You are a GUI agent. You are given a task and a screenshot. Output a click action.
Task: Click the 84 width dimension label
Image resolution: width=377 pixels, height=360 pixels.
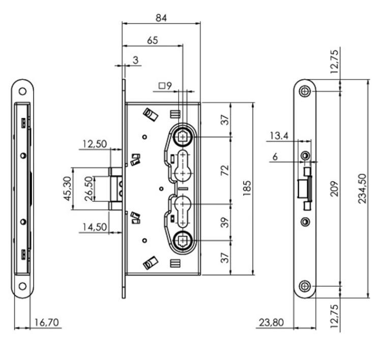coord(161,18)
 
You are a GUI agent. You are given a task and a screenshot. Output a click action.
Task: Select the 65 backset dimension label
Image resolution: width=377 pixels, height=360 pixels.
coord(153,40)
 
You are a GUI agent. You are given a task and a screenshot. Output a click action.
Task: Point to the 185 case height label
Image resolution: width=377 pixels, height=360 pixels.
coord(247,188)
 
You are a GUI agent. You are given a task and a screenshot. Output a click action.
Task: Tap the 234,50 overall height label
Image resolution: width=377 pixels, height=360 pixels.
coord(362,189)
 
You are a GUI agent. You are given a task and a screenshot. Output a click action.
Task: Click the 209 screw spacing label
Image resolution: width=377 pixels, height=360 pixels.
coord(334,189)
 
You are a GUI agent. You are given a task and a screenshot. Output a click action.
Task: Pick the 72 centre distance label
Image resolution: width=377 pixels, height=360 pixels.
coord(224,170)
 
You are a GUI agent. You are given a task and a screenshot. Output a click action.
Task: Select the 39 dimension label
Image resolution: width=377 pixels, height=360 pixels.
coord(224,223)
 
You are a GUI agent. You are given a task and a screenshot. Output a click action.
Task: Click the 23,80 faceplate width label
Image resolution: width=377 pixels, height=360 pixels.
coord(271,322)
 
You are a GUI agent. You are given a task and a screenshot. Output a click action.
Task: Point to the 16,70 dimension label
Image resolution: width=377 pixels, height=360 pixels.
coord(46,322)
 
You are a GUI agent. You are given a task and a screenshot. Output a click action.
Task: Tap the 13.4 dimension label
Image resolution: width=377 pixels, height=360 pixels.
coord(279,136)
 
